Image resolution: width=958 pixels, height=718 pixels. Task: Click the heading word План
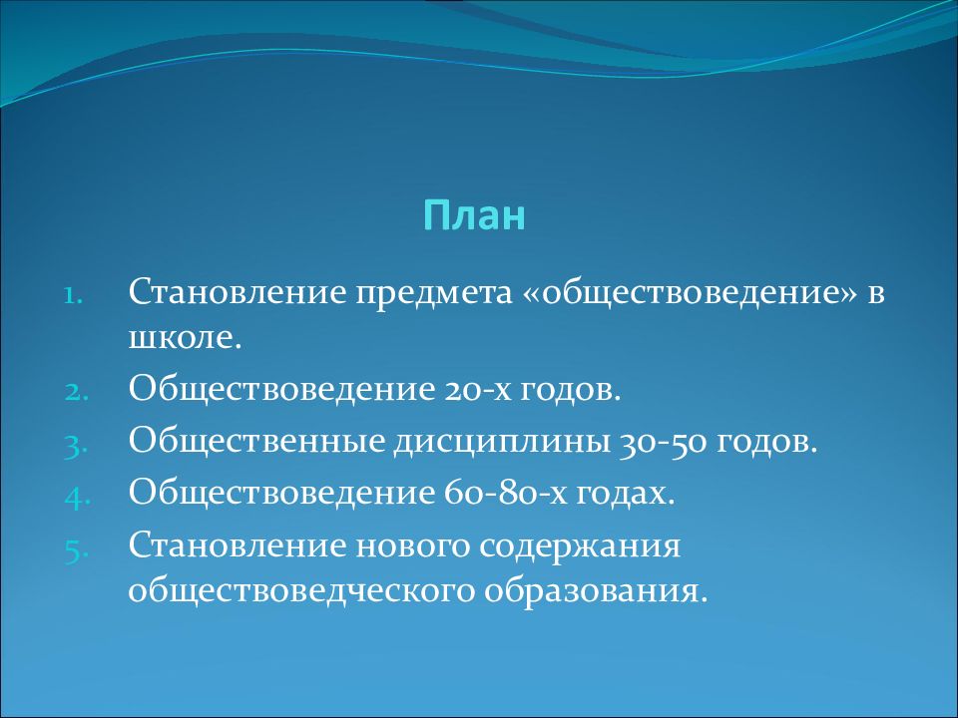(x=474, y=215)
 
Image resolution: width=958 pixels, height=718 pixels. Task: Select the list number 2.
(x=77, y=393)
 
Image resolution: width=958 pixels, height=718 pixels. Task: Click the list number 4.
(x=77, y=498)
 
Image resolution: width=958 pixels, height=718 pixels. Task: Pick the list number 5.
(x=77, y=549)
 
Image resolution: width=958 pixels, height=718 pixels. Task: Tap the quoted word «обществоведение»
(x=690, y=292)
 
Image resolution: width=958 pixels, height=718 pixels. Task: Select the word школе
(x=186, y=338)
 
